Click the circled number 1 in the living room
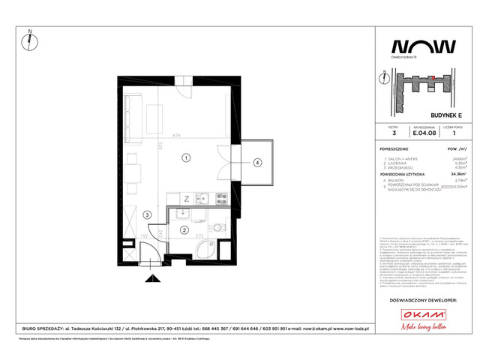185,158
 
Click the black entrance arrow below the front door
151,279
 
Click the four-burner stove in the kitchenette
222,199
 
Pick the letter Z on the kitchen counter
186,199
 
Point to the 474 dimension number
175,136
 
